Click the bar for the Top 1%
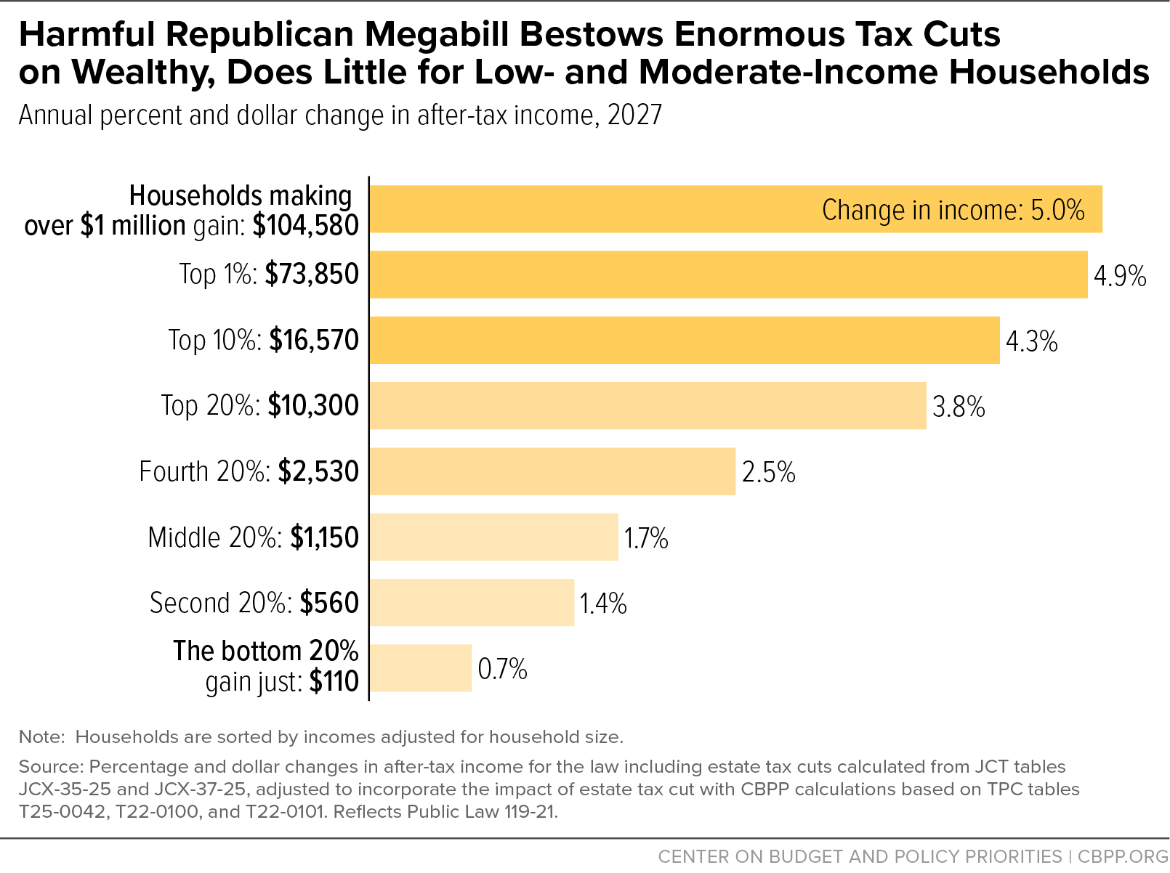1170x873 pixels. point(728,275)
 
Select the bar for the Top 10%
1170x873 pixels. point(685,340)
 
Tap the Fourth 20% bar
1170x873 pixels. point(552,471)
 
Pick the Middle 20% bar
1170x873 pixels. point(494,537)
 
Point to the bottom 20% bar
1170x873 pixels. point(421,667)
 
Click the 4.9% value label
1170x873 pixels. point(1120,276)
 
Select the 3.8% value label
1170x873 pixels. point(959,407)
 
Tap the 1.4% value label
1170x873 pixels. point(603,603)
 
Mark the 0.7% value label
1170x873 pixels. point(502,668)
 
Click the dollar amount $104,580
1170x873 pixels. point(305,226)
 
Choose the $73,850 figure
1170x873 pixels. point(312,275)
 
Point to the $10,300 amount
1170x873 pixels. point(313,405)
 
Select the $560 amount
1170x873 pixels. point(329,603)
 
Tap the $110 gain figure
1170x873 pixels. point(334,681)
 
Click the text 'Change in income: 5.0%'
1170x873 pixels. point(953,210)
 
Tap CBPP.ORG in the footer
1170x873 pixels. point(1123,856)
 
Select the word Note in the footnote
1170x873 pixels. point(41,737)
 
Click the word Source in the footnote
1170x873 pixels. point(49,767)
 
